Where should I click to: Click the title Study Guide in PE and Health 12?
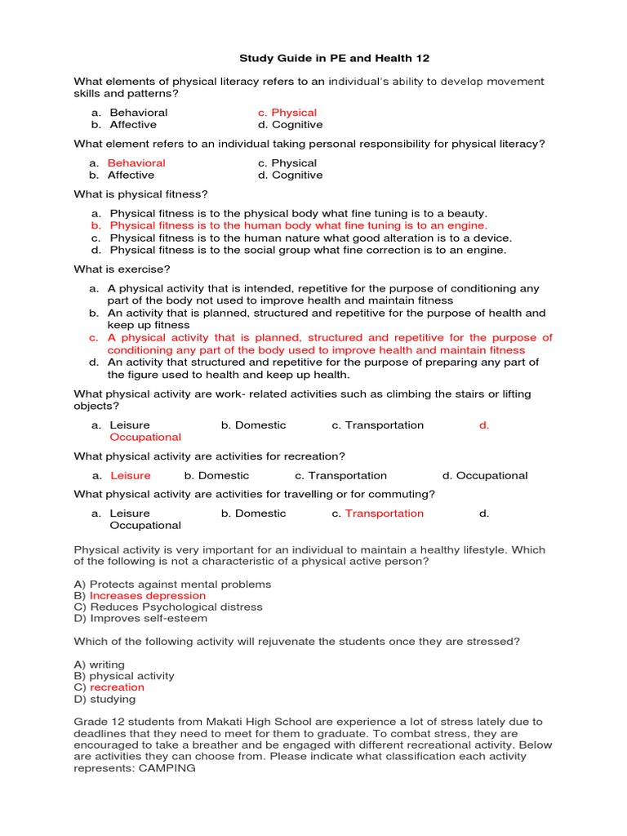333,58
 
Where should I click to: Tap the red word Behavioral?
136,163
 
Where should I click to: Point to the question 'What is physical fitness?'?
141,194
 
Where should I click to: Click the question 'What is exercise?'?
122,269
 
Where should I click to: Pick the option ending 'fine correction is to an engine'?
308,250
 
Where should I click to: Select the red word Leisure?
131,475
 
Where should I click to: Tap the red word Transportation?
385,514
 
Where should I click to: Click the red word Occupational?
145,437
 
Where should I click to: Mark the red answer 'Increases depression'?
148,596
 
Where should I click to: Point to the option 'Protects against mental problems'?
180,585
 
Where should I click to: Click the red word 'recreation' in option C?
117,687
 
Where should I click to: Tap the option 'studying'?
113,699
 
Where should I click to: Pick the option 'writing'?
107,665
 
